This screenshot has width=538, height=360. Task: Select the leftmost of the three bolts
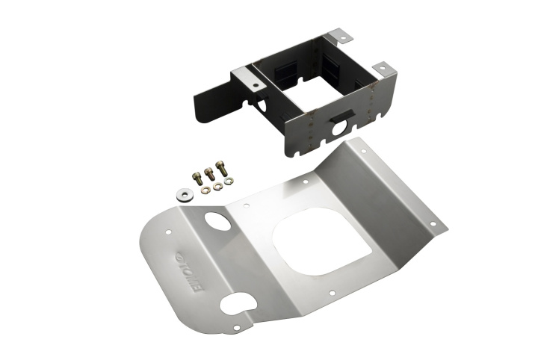[x=196, y=176]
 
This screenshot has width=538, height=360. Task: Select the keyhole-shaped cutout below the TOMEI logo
[x=240, y=307]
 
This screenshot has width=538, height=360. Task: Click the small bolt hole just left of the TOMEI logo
[x=164, y=236]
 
